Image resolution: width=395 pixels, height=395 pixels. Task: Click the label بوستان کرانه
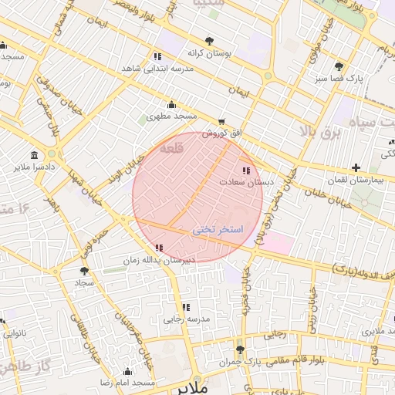(x=207, y=53)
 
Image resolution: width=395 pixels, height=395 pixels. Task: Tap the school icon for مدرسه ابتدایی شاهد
(x=157, y=56)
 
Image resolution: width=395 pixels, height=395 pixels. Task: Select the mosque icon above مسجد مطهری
(x=171, y=105)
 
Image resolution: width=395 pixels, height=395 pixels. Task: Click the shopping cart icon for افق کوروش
(x=222, y=121)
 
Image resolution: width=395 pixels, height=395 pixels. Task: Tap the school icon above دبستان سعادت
(x=246, y=170)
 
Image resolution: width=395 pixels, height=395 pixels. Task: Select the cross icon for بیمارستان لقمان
(x=356, y=167)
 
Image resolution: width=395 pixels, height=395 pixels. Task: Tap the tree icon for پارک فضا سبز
(x=339, y=66)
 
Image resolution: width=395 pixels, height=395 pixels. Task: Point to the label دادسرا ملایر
(x=34, y=166)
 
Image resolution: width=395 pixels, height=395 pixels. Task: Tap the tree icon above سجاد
(x=83, y=271)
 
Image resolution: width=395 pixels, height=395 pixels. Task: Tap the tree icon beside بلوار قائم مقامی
(x=239, y=349)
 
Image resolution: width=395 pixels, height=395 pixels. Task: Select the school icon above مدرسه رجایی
(x=186, y=307)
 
